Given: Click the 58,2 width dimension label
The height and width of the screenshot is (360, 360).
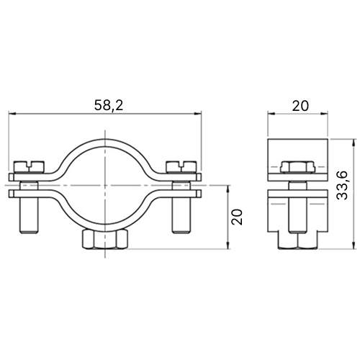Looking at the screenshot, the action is click(x=109, y=105).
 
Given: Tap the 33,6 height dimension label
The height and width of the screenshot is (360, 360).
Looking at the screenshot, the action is click(x=342, y=185).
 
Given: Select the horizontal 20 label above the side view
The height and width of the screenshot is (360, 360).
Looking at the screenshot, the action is click(x=300, y=106).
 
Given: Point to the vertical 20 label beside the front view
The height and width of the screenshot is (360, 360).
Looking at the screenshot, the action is click(x=237, y=217).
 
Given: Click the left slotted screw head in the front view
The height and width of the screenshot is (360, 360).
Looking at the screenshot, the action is click(x=30, y=167).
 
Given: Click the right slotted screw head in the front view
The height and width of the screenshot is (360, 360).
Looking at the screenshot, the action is click(x=181, y=167).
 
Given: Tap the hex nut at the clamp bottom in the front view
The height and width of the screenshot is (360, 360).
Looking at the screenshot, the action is click(x=105, y=239).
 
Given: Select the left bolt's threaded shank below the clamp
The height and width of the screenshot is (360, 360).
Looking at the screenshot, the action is click(x=28, y=215).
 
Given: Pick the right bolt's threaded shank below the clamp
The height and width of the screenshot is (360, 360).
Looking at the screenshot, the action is click(x=181, y=215).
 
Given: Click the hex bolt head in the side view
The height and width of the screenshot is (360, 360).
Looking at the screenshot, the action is click(x=297, y=167).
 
